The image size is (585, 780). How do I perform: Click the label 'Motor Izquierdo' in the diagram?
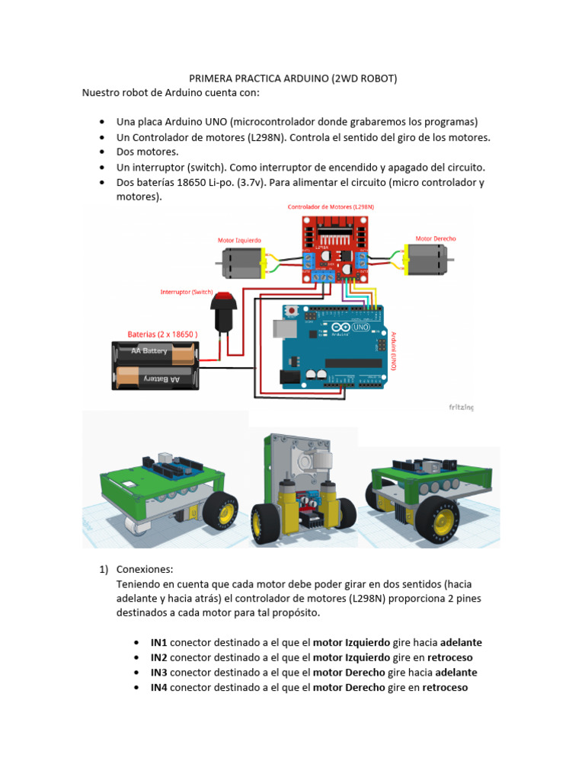coord(239,240)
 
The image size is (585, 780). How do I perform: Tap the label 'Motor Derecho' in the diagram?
coord(436,238)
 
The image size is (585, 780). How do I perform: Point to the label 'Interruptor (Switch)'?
coord(187,292)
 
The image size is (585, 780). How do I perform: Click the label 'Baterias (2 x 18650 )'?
coord(162,334)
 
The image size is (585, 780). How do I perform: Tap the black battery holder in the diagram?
coord(155,365)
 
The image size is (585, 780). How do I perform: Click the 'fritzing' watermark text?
coord(461,408)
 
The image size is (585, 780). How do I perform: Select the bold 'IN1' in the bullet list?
coord(159,642)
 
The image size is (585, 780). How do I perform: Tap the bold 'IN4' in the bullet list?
coord(159,688)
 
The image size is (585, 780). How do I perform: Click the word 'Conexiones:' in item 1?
coord(144,570)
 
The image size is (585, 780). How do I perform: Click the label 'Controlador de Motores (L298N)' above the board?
coord(331,207)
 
